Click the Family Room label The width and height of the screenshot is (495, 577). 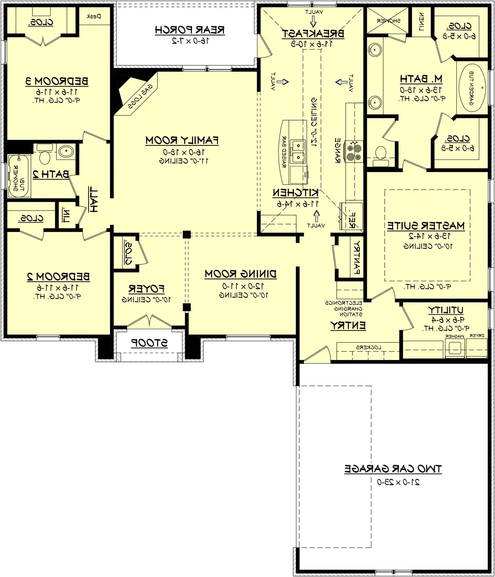pos(182,140)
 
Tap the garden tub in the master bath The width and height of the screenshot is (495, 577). pos(472,88)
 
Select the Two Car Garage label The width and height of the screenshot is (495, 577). pos(393,469)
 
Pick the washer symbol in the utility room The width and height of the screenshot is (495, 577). pos(455,348)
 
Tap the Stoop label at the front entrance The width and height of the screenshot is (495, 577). pos(149,343)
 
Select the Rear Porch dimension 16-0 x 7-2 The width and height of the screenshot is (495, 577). pos(190,41)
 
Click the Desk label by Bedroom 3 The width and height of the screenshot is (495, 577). pos(94,16)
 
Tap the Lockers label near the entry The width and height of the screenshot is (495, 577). pos(369,347)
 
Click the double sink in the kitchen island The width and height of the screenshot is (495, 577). pos(298,151)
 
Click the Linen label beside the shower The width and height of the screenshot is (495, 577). pos(422,22)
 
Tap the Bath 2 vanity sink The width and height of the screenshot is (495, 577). pos(66,151)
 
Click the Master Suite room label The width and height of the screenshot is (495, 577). pos(426,226)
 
